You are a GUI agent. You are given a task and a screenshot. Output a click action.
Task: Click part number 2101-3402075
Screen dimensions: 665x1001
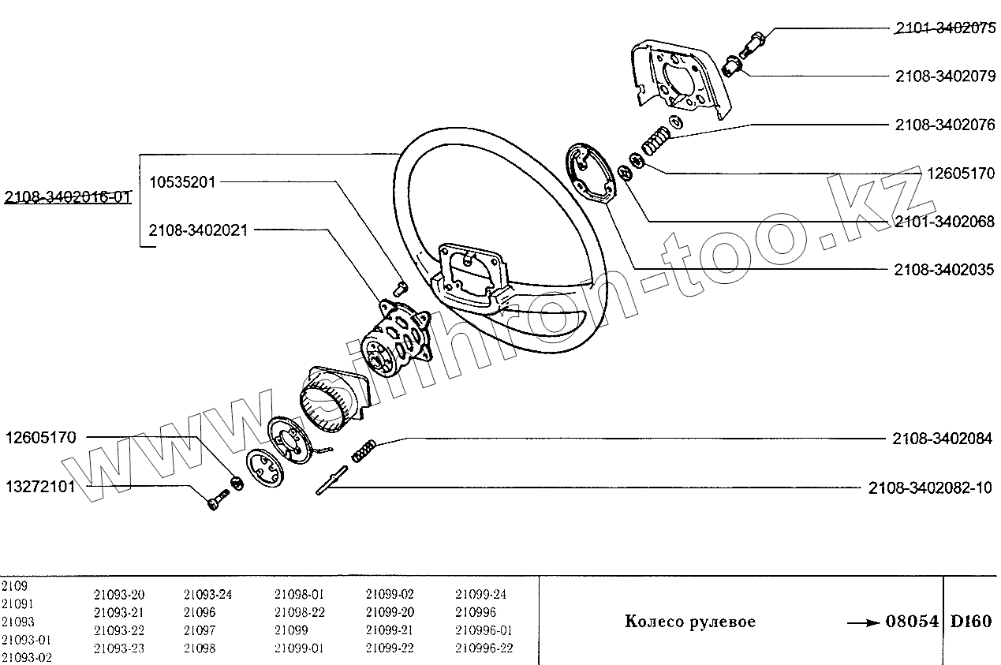(944, 29)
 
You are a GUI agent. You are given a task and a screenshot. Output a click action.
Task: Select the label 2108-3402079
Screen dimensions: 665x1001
(944, 77)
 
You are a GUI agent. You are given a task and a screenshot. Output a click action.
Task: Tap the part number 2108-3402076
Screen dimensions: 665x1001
(944, 125)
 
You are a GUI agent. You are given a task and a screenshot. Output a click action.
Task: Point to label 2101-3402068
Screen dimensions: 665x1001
(944, 222)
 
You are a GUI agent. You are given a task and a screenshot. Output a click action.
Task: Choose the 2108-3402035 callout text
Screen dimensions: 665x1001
(944, 270)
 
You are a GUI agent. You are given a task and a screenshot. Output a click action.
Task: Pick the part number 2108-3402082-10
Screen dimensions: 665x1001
(932, 488)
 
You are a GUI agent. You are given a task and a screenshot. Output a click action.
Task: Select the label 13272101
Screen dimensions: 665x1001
(41, 486)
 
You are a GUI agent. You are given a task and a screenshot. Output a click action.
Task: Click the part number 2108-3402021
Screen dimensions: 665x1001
(199, 230)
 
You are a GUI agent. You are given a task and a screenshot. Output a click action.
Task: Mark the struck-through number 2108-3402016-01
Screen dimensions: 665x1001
(67, 196)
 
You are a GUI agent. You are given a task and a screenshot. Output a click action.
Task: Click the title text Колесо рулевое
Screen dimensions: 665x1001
(690, 622)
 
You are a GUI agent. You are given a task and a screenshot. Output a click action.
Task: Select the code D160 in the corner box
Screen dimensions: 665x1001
(971, 621)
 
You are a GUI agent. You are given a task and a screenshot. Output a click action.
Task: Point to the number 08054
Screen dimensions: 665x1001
(913, 622)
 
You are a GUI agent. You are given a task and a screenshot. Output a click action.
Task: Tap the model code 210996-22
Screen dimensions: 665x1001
(484, 648)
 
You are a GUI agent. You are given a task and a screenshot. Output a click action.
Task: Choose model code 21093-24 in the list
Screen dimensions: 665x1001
(207, 595)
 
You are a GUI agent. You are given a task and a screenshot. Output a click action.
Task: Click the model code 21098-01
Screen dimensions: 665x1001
(299, 595)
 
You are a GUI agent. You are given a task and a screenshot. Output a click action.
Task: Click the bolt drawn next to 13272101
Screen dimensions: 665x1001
(217, 499)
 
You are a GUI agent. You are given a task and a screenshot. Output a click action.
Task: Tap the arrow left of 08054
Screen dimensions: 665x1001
(863, 622)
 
